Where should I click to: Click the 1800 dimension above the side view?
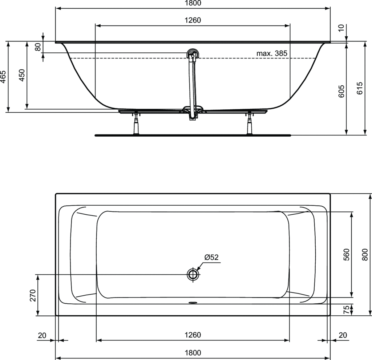[x=193, y=3]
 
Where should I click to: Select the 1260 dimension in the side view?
[x=193, y=20]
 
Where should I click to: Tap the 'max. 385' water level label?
[x=272, y=53]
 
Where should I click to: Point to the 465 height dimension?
[x=3, y=77]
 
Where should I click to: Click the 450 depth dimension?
[x=21, y=75]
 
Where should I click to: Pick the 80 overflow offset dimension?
[x=38, y=46]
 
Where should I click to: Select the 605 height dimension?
[x=341, y=91]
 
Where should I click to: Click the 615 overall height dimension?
[x=360, y=88]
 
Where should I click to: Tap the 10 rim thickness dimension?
[x=341, y=28]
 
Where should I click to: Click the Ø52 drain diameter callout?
[x=211, y=257]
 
